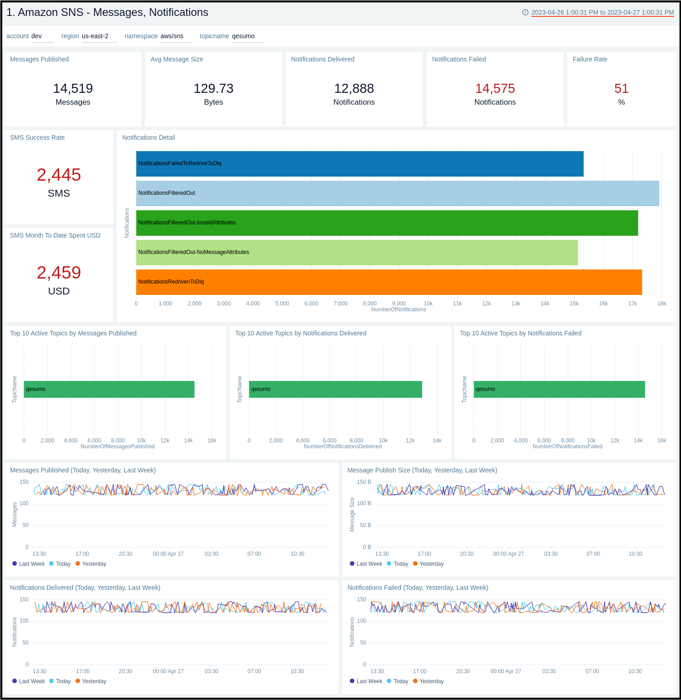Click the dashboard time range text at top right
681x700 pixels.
(602, 12)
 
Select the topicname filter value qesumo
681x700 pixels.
(243, 36)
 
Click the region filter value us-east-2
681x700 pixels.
(95, 36)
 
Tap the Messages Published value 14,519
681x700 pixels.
(73, 88)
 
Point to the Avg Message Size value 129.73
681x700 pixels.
(213, 88)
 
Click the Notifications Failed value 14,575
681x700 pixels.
(495, 88)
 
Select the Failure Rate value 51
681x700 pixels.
(621, 88)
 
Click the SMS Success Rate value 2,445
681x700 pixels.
(59, 175)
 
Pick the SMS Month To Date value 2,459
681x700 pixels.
(59, 273)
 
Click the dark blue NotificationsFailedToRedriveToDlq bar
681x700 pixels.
(359, 164)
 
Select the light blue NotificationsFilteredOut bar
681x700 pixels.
(397, 193)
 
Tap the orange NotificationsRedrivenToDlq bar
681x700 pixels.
(389, 282)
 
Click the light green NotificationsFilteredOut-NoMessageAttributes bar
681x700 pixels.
(357, 253)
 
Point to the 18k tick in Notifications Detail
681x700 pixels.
(661, 304)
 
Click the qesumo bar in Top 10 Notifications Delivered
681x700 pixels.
(335, 389)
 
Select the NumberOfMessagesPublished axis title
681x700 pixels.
(117, 446)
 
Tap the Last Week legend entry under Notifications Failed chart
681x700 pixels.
(369, 681)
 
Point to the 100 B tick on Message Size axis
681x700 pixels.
(364, 503)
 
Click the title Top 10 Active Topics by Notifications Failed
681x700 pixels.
(520, 333)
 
